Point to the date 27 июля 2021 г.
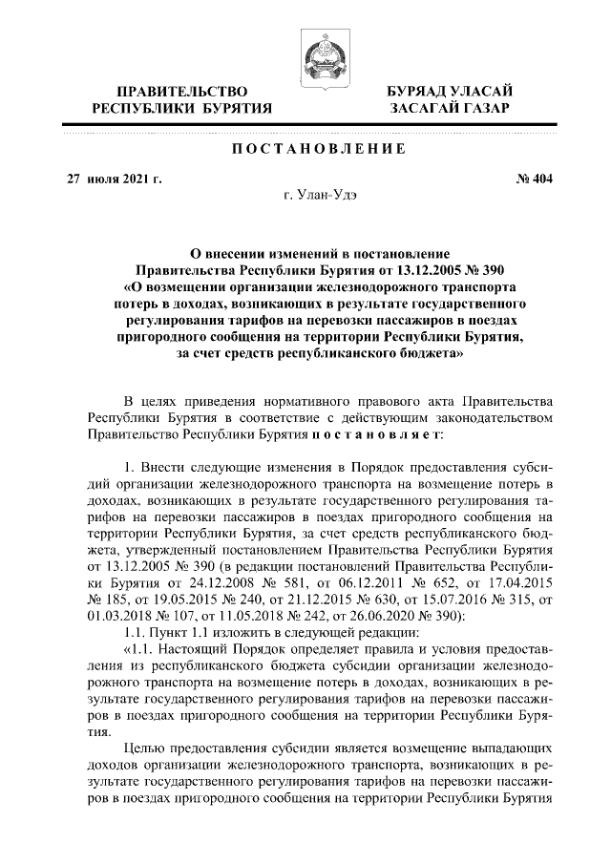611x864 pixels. [x=108, y=178]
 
